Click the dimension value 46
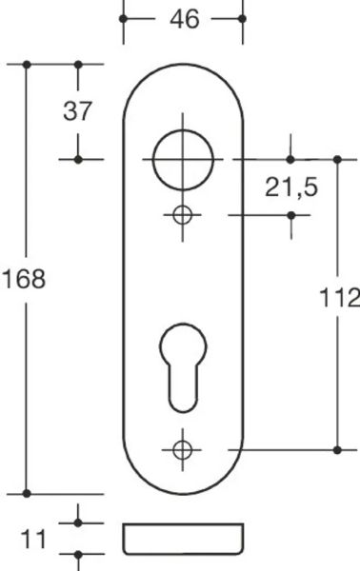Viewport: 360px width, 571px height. (185, 19)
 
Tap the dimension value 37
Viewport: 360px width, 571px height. (77, 111)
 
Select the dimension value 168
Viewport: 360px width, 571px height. (24, 279)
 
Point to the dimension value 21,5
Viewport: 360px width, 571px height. (291, 187)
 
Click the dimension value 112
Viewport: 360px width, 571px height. (340, 298)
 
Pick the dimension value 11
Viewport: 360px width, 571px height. (33, 540)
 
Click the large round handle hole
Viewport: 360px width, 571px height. (183, 160)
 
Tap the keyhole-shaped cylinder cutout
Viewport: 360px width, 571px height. (183, 367)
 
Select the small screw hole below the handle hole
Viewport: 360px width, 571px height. (182, 215)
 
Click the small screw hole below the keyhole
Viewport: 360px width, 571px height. (182, 450)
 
